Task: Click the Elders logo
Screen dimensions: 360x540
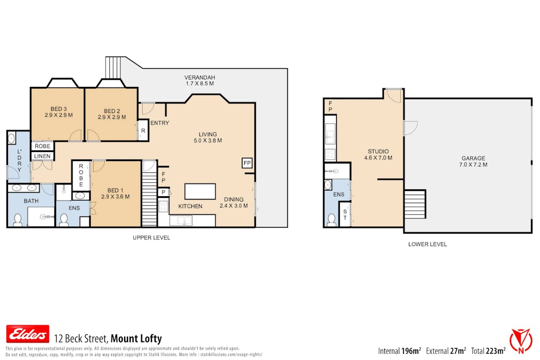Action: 27,334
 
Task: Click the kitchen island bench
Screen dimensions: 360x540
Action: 200,191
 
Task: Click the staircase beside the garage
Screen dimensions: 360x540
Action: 415,204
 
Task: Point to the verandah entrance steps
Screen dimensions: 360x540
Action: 113,67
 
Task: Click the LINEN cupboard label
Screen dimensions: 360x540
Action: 42,156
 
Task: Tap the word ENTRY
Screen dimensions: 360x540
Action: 159,123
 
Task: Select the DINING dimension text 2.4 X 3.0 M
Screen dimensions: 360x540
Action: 233,206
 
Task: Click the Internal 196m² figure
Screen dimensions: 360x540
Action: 400,351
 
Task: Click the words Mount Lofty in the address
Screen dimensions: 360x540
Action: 136,339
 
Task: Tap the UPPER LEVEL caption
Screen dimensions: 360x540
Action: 151,238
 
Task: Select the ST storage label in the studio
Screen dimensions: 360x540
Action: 345,214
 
